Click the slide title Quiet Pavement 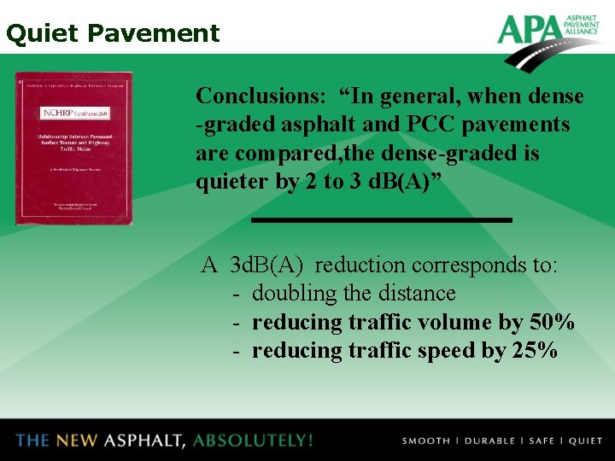point(112,33)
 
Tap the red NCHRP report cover point(73,149)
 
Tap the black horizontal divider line point(381,220)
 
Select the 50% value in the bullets point(550,323)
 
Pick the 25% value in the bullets point(534,351)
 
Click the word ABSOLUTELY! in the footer point(253,441)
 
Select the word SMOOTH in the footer point(425,441)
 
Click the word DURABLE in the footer point(489,441)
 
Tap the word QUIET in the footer point(585,441)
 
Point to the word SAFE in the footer point(542,441)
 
